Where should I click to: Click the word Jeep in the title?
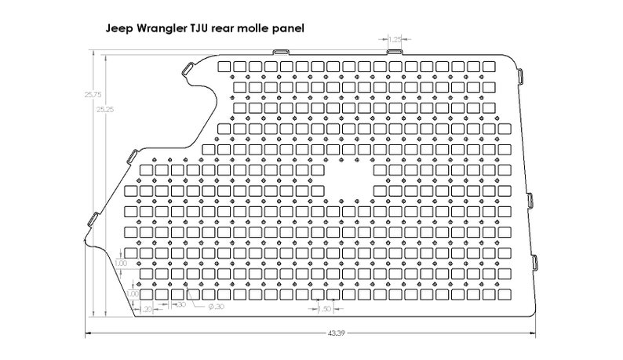120,27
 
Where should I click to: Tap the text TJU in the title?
203,27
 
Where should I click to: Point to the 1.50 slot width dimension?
324,309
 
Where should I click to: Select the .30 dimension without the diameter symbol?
180,304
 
